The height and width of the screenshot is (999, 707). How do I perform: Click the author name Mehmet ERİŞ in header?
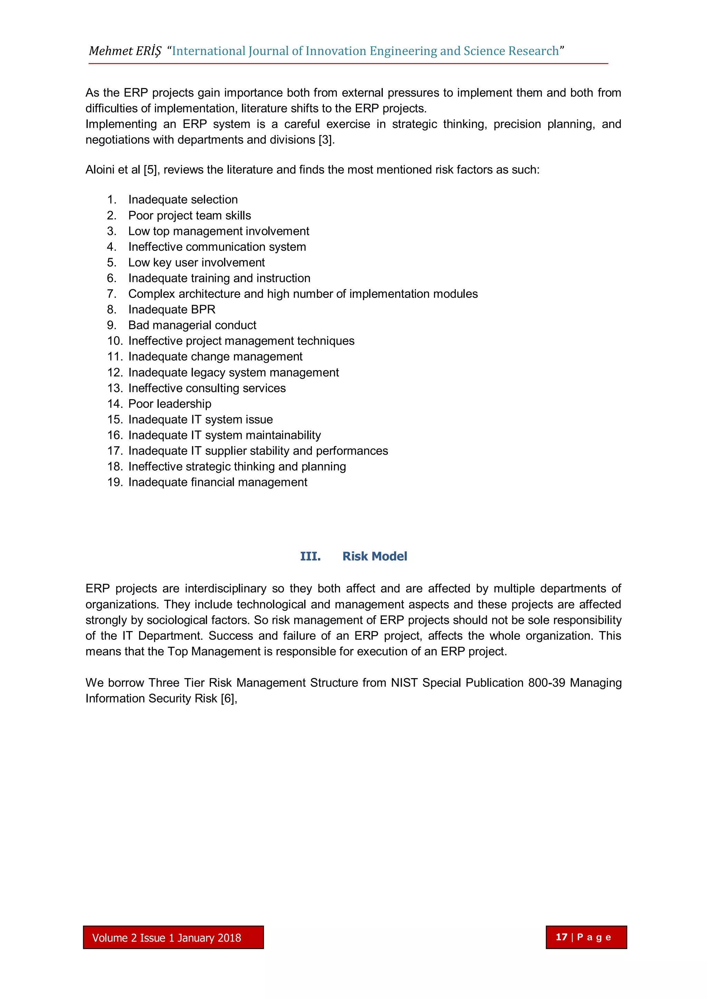[x=125, y=51]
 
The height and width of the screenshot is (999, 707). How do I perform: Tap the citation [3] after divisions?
[x=326, y=140]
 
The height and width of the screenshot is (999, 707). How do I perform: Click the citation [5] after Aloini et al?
[x=151, y=170]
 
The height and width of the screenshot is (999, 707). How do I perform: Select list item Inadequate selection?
[x=183, y=200]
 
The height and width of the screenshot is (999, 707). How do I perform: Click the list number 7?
[x=112, y=294]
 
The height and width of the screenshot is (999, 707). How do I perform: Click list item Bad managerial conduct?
[x=192, y=325]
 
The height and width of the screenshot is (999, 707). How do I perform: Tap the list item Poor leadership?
[x=170, y=404]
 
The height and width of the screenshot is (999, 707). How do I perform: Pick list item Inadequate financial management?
[x=218, y=482]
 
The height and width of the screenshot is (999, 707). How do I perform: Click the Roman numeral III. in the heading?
[x=310, y=557]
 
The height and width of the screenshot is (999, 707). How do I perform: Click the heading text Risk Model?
[x=375, y=557]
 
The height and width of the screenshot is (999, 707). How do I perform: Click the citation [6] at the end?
[x=228, y=698]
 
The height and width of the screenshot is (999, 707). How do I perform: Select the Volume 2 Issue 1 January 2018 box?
[x=173, y=938]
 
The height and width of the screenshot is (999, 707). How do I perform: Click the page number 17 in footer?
[x=562, y=937]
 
